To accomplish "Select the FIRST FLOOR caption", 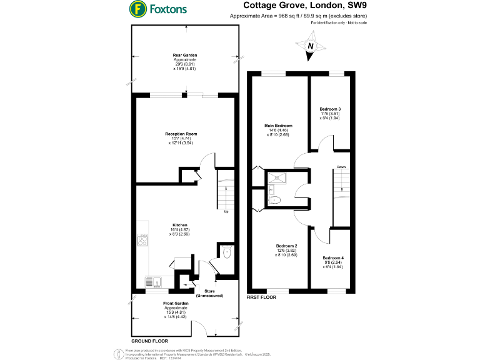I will coord(262,297).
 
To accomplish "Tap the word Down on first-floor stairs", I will coord(341,167).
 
